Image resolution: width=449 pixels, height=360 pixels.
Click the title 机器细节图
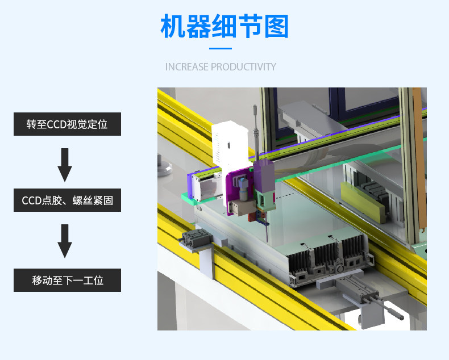tap(224, 26)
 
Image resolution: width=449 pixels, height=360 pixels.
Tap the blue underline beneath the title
tap(221, 49)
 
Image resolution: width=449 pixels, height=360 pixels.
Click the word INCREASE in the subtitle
tap(186, 67)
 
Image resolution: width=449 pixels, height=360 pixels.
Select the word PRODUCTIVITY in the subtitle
tap(243, 67)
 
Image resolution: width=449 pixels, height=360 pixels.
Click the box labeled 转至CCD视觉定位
tap(67, 124)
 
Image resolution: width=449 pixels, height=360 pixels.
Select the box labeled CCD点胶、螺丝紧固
tap(67, 200)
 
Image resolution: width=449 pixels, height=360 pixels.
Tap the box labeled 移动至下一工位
tap(67, 280)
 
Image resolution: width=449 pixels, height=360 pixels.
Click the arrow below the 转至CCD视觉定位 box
tap(65, 165)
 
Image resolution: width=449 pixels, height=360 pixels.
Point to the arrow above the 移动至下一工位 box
tap(65, 241)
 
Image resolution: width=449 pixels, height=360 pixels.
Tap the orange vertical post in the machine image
tap(420, 160)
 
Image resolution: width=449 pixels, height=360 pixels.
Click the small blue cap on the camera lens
tap(243, 182)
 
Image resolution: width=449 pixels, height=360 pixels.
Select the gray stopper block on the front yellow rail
tap(195, 239)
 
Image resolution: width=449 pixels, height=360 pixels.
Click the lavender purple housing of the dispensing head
tap(264, 175)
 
